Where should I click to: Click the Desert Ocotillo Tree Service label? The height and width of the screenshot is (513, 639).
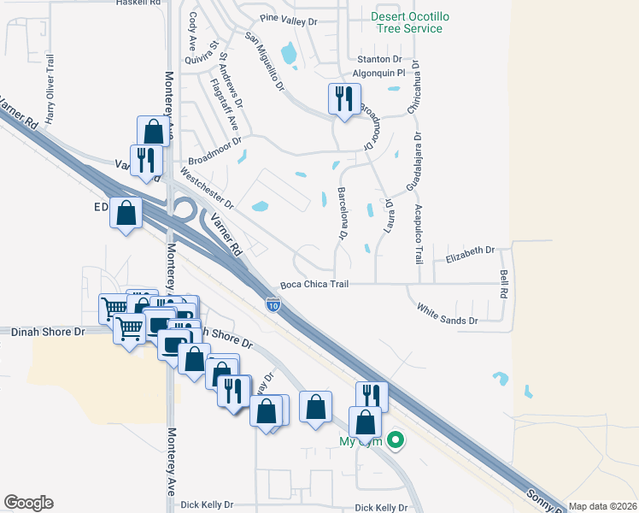point(407,22)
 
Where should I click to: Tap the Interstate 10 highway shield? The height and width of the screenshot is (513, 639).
point(273,304)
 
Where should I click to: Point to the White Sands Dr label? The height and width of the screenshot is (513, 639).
point(447,314)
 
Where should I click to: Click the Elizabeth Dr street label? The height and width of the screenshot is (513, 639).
point(470,251)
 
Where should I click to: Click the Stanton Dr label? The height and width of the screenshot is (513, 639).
point(379,59)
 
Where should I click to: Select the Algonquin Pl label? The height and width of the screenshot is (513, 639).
point(377,75)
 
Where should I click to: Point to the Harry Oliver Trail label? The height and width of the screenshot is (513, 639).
point(50,89)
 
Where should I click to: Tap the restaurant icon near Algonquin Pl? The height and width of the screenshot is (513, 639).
point(344,99)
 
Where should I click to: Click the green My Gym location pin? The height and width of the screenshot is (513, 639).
point(395,441)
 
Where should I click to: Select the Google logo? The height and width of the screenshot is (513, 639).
point(28,503)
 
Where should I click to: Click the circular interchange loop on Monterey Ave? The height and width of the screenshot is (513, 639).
point(182,208)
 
